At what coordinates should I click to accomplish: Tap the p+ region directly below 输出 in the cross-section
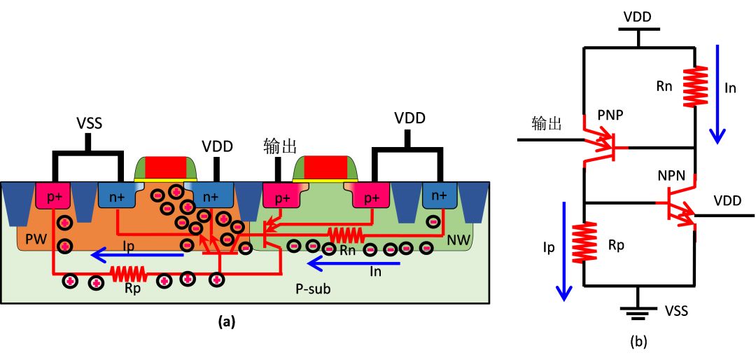coord(281,198)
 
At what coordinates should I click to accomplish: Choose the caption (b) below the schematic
coord(639,341)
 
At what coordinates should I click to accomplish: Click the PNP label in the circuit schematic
coord(610,113)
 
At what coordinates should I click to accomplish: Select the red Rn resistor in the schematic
coord(694,87)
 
